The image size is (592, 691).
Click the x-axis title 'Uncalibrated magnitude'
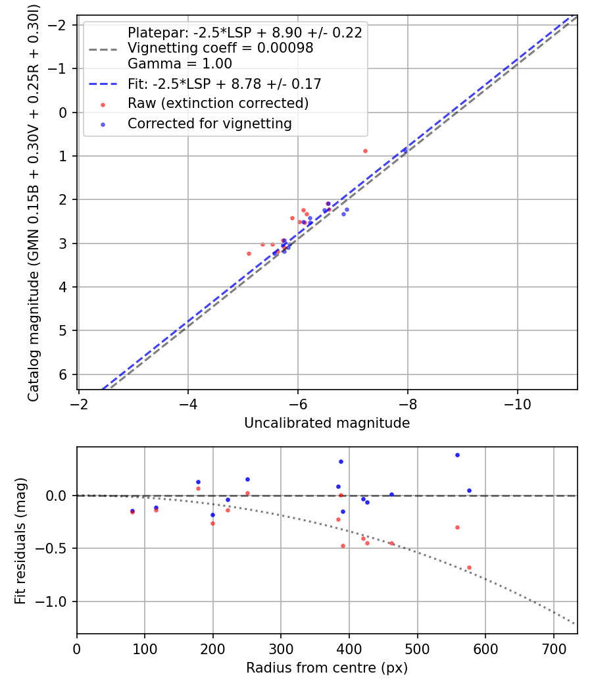pyautogui.click(x=327, y=423)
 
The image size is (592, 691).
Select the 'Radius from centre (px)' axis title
pyautogui.click(x=327, y=668)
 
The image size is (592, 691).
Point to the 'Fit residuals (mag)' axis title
pyautogui.click(x=20, y=541)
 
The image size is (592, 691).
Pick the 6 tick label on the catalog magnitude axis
pyautogui.click(x=62, y=374)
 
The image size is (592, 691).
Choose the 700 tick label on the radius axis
pyautogui.click(x=554, y=649)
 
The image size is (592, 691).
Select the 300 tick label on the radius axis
pyautogui.click(x=281, y=649)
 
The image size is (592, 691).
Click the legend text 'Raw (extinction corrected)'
pyautogui.click(x=218, y=103)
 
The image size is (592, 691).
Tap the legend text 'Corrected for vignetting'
pyautogui.click(x=210, y=124)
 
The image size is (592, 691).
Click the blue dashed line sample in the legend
pyautogui.click(x=103, y=84)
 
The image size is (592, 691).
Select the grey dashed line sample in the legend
pyautogui.click(x=103, y=49)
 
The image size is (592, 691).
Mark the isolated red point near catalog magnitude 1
pyautogui.click(x=365, y=151)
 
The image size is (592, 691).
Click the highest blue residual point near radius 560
pyautogui.click(x=457, y=455)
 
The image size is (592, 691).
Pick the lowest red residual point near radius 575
pyautogui.click(x=469, y=567)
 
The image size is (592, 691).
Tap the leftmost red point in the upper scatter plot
pyautogui.click(x=249, y=254)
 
